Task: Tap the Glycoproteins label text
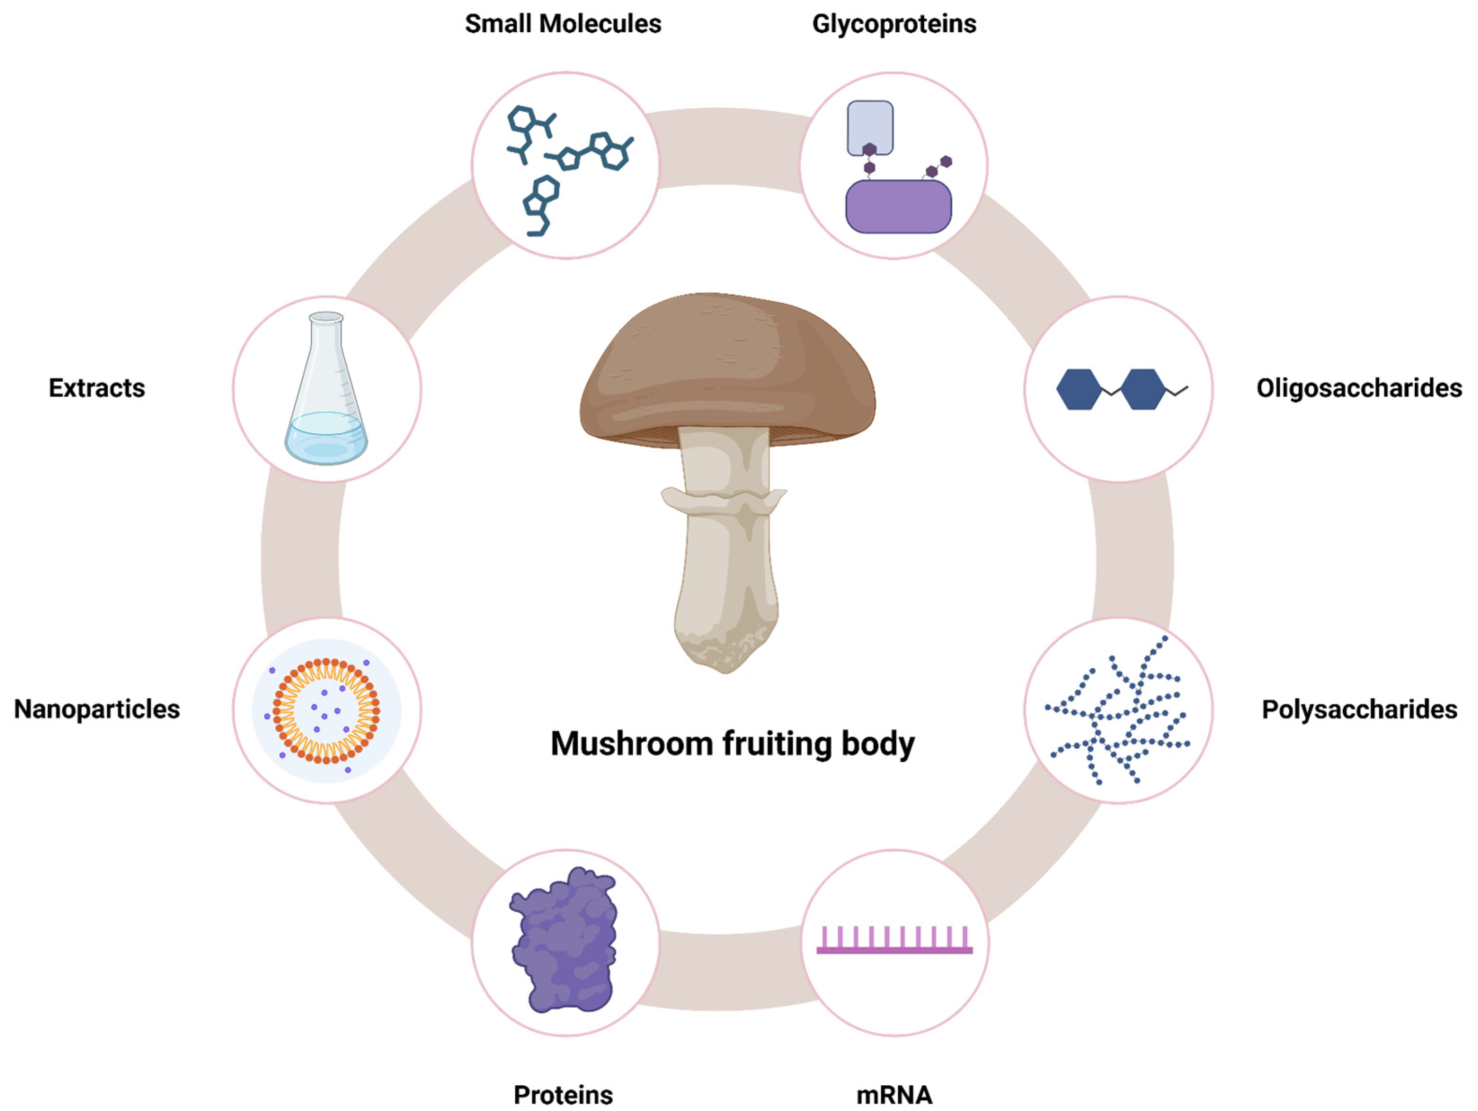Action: click(x=894, y=24)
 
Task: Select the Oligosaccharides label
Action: click(x=1358, y=388)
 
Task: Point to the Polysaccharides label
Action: click(x=1358, y=709)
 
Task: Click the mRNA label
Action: click(x=894, y=1094)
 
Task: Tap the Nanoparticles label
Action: click(x=97, y=709)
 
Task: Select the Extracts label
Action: click(x=97, y=388)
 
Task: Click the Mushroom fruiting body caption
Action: click(x=732, y=744)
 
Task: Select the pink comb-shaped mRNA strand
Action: click(x=894, y=942)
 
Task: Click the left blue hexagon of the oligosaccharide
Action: click(x=1078, y=389)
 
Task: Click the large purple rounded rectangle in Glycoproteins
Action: click(x=898, y=207)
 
